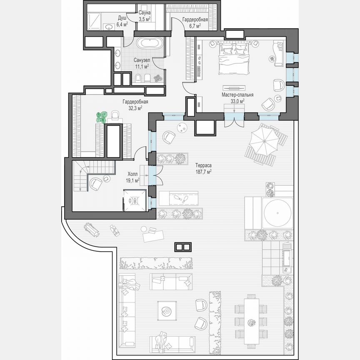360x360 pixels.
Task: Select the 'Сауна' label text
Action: [x=145, y=13]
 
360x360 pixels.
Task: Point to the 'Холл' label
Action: [x=133, y=175]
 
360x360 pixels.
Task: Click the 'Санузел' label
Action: [x=142, y=60]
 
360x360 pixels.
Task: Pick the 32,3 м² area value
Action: [x=135, y=107]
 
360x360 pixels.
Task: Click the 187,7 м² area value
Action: [x=203, y=171]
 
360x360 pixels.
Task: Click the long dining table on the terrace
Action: [x=251, y=318]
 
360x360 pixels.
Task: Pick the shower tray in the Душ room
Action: [x=95, y=21]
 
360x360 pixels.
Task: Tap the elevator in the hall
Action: [x=135, y=200]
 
